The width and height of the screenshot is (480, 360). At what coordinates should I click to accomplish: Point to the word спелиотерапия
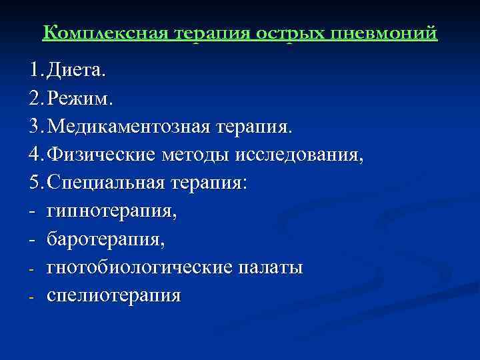[113, 295]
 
